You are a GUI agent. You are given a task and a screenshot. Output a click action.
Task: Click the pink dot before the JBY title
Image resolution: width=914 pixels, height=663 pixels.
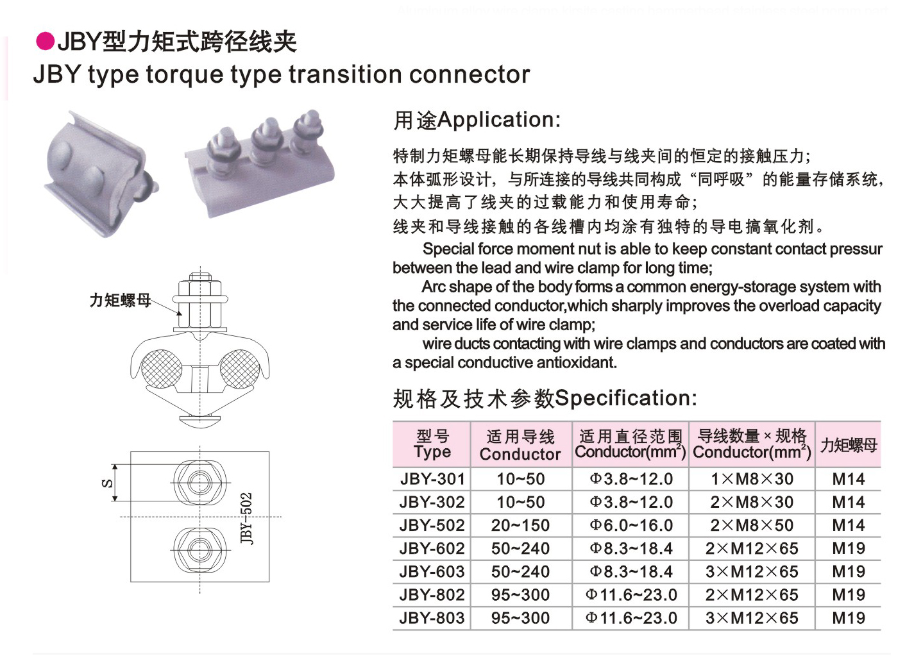click(45, 42)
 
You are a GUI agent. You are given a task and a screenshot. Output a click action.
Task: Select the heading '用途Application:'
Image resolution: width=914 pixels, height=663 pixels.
click(477, 120)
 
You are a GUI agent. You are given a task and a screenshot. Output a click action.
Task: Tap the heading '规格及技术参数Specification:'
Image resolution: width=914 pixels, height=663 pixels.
click(545, 398)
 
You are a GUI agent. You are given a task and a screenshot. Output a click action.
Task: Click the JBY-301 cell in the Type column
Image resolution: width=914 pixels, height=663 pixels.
click(432, 479)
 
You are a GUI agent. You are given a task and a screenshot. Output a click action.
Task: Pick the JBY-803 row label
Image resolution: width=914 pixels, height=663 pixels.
click(432, 618)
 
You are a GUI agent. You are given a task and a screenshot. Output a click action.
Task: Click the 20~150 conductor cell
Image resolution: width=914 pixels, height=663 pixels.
click(520, 526)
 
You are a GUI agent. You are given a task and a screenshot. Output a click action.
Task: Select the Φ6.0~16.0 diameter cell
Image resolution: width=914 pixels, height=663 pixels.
click(631, 526)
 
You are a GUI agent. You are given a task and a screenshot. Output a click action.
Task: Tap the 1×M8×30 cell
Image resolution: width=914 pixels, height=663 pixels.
click(752, 479)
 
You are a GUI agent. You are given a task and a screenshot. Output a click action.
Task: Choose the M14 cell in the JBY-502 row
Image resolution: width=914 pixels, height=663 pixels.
click(848, 526)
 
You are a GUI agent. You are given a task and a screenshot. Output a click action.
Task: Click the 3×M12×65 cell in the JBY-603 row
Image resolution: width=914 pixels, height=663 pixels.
click(752, 572)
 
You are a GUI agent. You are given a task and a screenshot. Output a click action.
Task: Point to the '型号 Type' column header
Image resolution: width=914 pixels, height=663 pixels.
click(432, 444)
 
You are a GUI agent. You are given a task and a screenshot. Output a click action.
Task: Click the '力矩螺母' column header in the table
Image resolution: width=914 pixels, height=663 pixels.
click(848, 445)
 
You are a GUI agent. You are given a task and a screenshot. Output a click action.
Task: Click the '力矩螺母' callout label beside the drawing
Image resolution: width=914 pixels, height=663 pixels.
click(120, 300)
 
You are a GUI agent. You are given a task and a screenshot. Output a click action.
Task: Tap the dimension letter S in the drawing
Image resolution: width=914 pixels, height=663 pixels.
click(107, 483)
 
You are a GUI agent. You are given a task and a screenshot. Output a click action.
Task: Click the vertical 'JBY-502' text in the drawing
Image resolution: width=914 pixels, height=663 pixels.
click(247, 518)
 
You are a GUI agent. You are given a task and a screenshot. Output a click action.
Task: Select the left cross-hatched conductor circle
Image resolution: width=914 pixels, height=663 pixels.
click(161, 369)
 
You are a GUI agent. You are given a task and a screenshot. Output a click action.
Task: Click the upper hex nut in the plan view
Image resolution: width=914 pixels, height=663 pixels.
click(199, 482)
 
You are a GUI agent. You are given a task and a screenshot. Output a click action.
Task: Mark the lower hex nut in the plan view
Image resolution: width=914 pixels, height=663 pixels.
click(199, 550)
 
